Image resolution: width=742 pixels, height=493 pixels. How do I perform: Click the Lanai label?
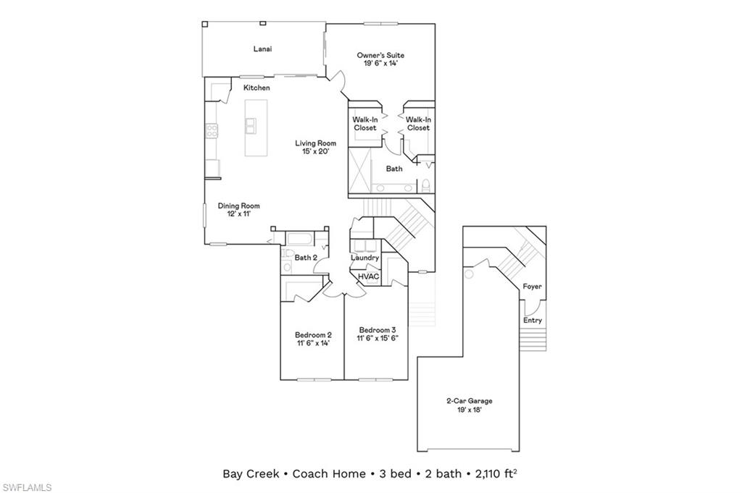click(x=262, y=49)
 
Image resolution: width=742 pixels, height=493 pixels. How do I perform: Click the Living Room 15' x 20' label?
click(x=315, y=148)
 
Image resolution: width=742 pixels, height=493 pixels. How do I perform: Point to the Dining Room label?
click(x=238, y=210)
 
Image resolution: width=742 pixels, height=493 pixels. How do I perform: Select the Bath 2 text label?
click(x=306, y=257)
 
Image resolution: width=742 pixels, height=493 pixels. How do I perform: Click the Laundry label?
click(x=364, y=258)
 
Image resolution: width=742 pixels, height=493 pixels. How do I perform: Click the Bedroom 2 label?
click(x=313, y=339)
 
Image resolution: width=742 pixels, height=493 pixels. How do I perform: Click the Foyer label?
click(x=532, y=287)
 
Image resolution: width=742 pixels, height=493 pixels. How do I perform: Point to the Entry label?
click(x=532, y=320)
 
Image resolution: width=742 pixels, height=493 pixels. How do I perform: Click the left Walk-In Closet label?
click(x=364, y=124)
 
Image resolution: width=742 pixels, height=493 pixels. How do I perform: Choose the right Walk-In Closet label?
click(x=418, y=124)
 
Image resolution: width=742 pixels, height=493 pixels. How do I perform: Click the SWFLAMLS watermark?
click(x=27, y=487)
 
